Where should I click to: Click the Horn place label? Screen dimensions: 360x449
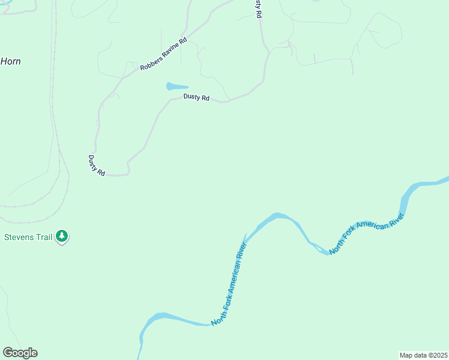tap(10, 61)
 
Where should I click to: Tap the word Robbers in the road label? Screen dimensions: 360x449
tap(151, 63)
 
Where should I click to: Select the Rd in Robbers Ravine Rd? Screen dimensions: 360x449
tap(184, 41)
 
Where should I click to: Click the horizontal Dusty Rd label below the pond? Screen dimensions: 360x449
tap(196, 97)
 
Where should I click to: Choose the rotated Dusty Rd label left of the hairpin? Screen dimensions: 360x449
tap(96, 165)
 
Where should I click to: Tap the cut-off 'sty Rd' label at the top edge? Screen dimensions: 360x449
tap(258, 8)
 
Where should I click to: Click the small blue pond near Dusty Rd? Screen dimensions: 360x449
tap(176, 86)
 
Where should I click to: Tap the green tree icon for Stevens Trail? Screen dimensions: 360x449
tap(62, 236)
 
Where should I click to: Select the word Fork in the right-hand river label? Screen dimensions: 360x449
tap(349, 236)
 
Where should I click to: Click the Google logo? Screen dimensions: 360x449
tap(20, 353)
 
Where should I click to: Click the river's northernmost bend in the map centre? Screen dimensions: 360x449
tap(277, 214)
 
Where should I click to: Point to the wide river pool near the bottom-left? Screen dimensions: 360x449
tap(159, 316)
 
